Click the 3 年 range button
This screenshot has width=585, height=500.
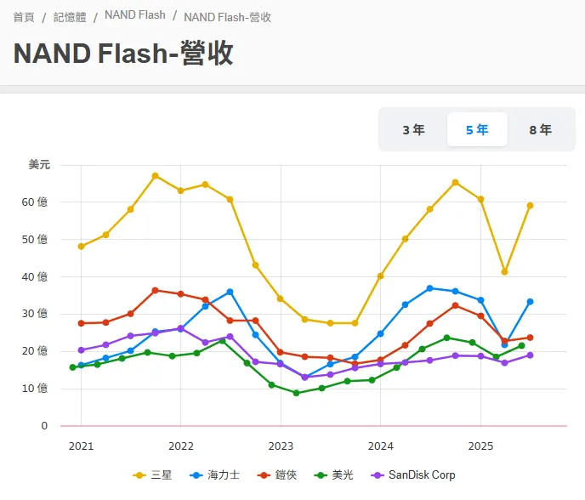pyautogui.click(x=413, y=130)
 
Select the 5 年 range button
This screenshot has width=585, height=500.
pyautogui.click(x=477, y=130)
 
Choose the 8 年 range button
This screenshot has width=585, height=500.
pyautogui.click(x=540, y=130)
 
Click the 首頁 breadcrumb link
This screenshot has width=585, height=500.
pyautogui.click(x=24, y=17)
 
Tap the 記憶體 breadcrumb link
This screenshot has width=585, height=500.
pyautogui.click(x=70, y=17)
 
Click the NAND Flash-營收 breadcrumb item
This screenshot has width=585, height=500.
pyautogui.click(x=227, y=17)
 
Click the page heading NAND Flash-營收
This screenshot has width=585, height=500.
pyautogui.click(x=123, y=53)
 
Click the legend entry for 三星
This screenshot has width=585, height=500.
pyautogui.click(x=153, y=474)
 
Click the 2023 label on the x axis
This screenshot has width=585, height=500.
pyautogui.click(x=281, y=446)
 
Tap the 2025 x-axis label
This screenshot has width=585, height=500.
pyautogui.click(x=480, y=446)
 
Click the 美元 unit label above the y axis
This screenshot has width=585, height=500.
pyautogui.click(x=39, y=164)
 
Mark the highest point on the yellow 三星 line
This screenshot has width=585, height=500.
pyautogui.click(x=156, y=176)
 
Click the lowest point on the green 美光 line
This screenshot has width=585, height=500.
pyautogui.click(x=296, y=393)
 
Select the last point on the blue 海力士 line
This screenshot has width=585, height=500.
pyautogui.click(x=530, y=302)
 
